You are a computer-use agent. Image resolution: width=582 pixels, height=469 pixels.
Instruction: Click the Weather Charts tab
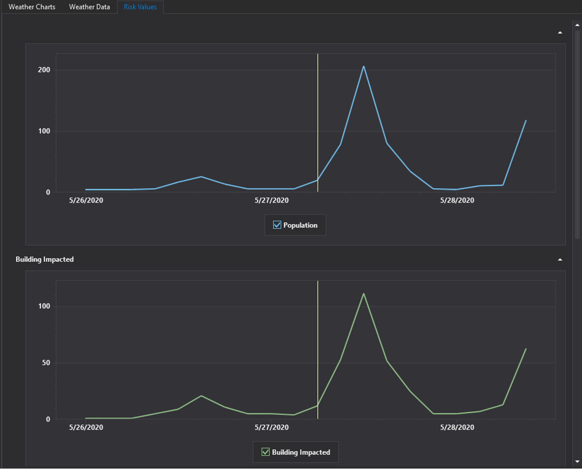pos(32,7)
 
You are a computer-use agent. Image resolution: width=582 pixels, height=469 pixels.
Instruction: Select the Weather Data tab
pos(89,7)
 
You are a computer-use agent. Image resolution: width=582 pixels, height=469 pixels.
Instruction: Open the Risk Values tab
pos(140,7)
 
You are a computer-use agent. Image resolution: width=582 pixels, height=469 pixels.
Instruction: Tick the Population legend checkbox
pos(277,225)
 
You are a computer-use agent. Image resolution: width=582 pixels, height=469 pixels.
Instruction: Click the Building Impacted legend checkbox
pos(266,452)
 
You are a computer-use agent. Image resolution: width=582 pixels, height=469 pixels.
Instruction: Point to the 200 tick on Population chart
pos(44,70)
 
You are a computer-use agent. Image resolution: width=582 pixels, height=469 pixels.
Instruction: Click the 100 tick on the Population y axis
pos(44,131)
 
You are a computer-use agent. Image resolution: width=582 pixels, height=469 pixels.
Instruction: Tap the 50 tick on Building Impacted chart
pos(46,363)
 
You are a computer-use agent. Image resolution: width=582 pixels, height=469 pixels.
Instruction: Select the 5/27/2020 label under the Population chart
pos(272,200)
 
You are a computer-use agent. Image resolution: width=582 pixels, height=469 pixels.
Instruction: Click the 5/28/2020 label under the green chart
pos(457,427)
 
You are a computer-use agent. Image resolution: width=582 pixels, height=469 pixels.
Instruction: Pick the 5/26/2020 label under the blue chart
pos(86,200)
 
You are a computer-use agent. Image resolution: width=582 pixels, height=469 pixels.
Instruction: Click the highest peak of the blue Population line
pos(364,66)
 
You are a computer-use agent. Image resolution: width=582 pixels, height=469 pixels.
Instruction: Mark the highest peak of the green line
pos(364,294)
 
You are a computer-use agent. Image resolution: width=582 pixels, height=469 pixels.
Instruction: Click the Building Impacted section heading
pos(45,259)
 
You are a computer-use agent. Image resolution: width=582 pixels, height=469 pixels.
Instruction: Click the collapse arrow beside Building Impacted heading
pos(560,260)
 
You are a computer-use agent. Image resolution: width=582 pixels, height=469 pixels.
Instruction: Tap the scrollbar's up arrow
pos(577,25)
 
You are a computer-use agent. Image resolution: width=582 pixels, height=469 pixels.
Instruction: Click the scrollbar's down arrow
pos(577,461)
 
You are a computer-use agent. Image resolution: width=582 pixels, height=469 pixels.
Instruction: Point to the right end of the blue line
pos(526,121)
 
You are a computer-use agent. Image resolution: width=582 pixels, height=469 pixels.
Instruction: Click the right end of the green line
pos(526,349)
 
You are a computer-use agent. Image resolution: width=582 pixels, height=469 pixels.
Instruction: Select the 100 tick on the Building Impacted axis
pos(44,306)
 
